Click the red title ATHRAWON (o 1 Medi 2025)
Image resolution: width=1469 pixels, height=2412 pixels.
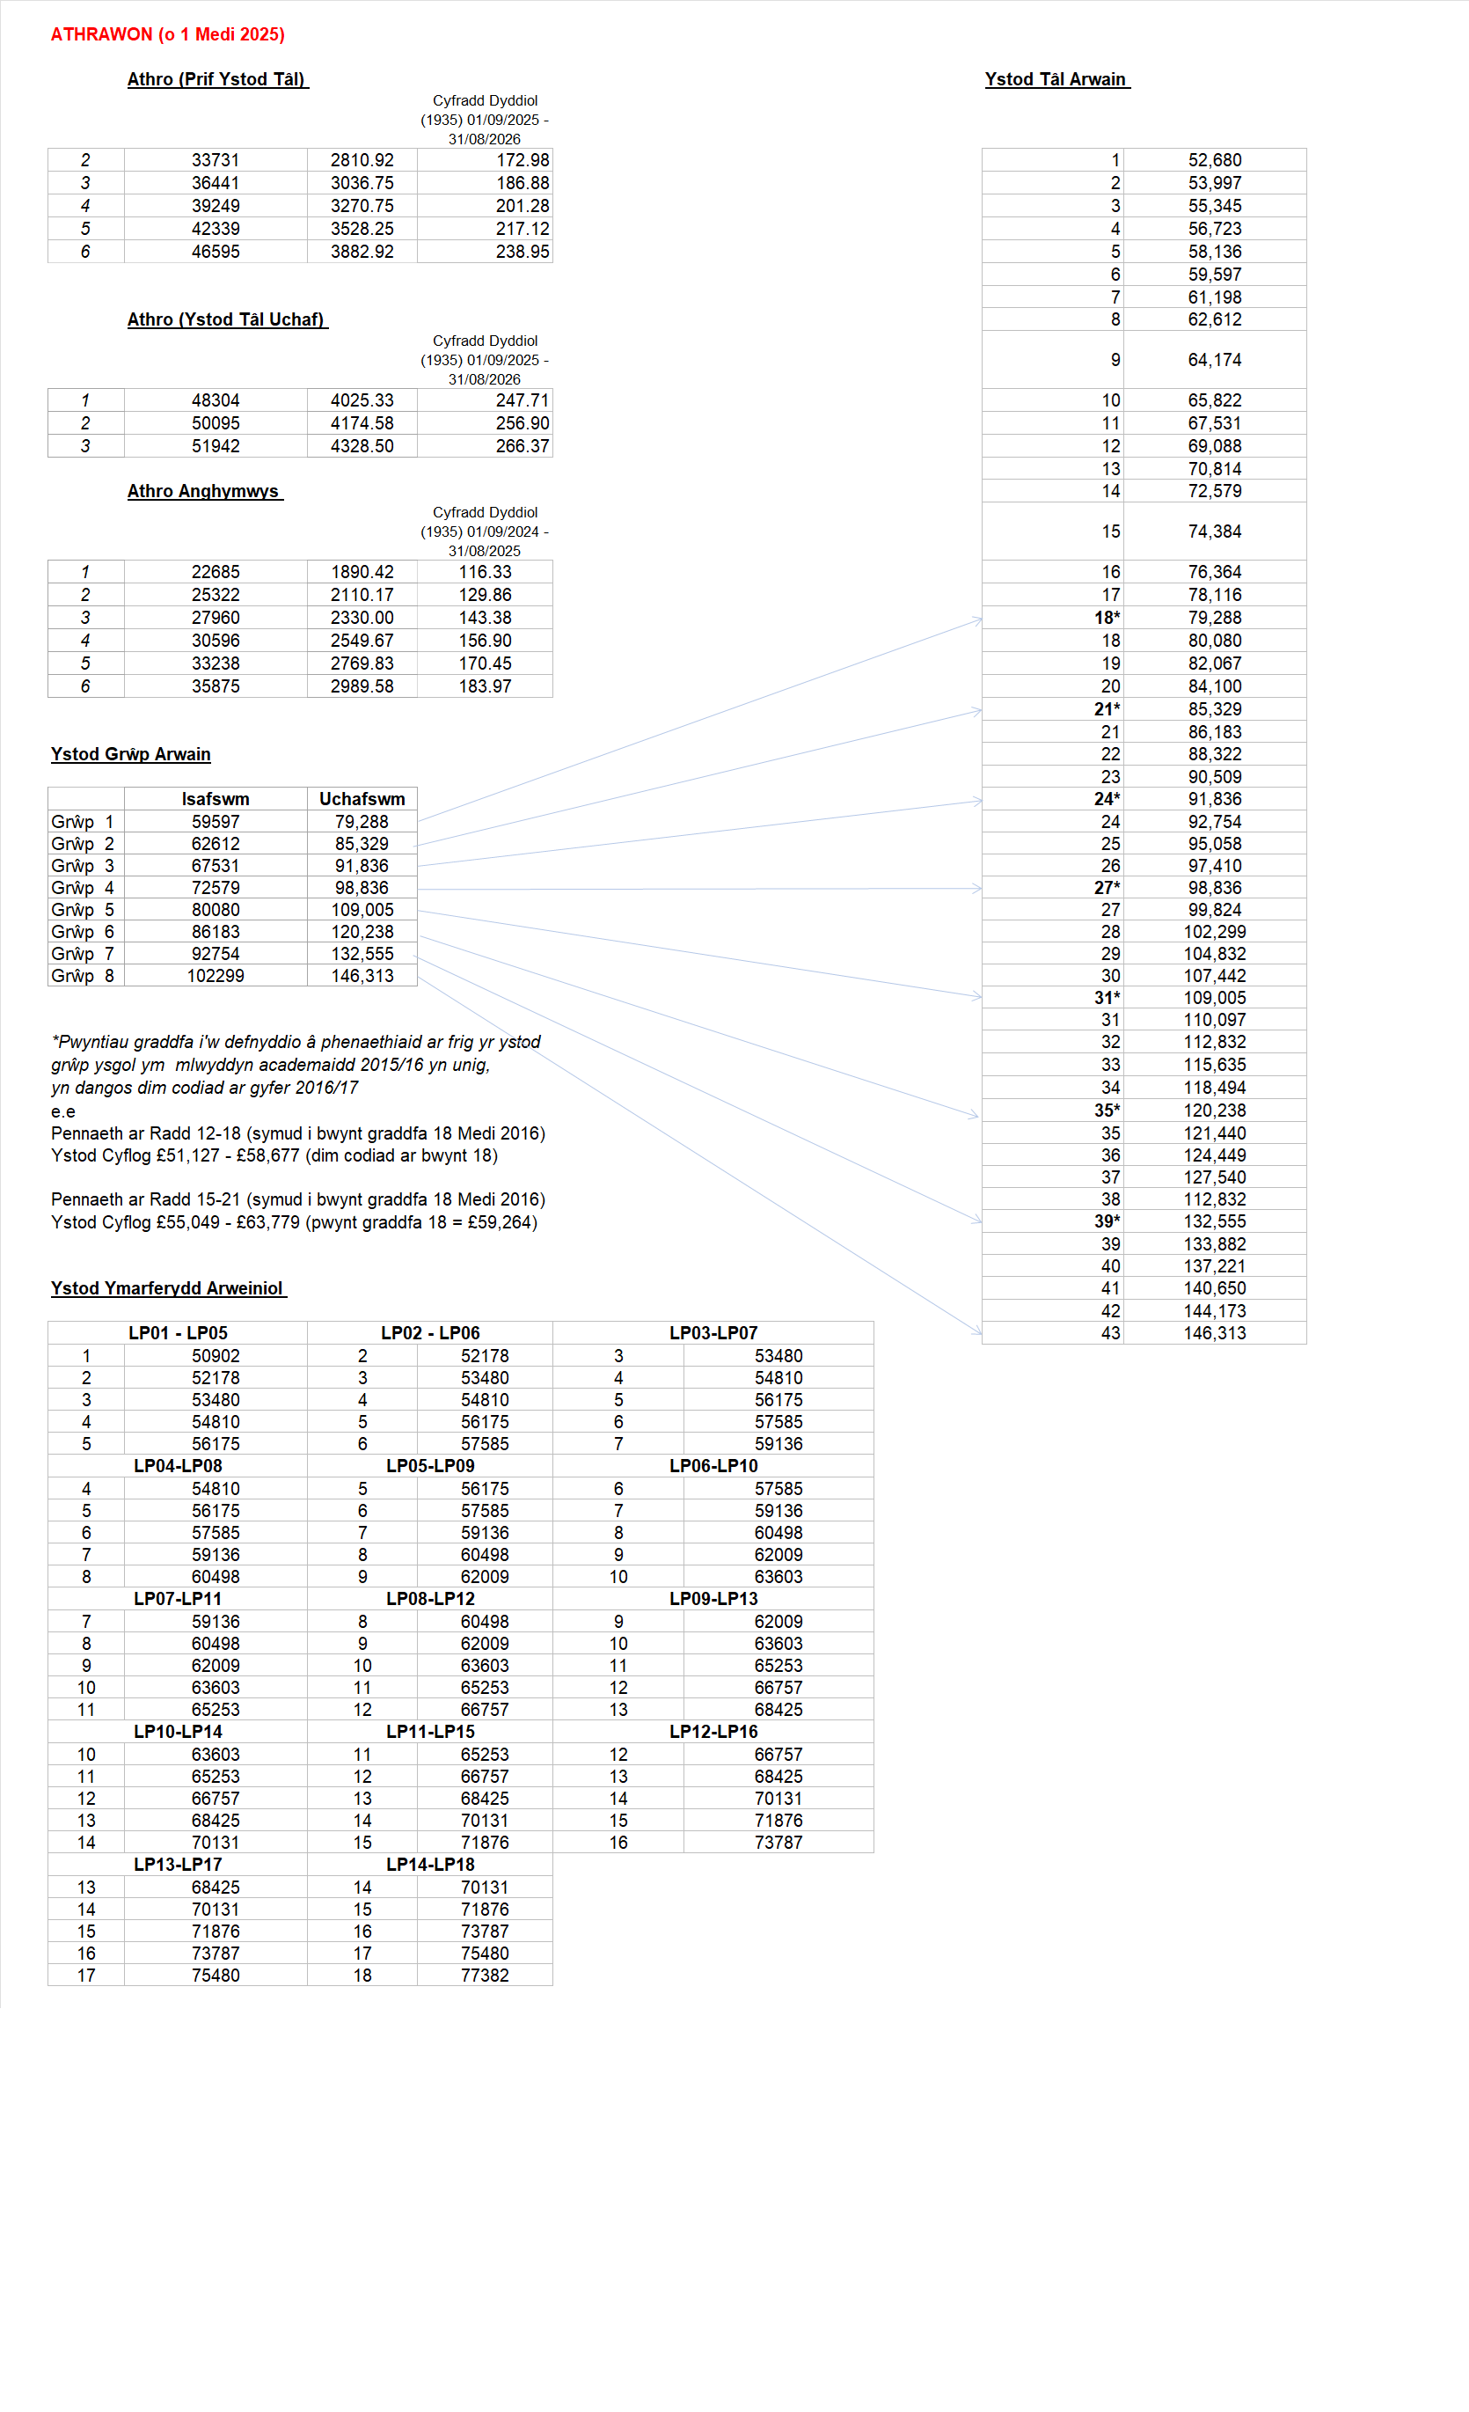tap(167, 34)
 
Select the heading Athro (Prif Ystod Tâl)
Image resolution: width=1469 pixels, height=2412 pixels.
tap(217, 79)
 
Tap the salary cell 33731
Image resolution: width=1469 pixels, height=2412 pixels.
tap(216, 160)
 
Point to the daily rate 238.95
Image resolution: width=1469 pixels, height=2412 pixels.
tap(523, 252)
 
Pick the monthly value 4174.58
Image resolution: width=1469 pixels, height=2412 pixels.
tap(362, 424)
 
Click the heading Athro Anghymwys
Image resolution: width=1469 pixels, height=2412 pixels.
tap(203, 491)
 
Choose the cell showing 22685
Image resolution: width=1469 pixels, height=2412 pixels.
tap(216, 573)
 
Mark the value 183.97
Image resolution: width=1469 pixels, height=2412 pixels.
tap(486, 687)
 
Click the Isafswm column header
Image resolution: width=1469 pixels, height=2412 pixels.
tap(216, 800)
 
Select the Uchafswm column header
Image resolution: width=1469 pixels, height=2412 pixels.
tap(362, 800)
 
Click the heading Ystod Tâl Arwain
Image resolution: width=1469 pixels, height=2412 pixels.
tap(1056, 79)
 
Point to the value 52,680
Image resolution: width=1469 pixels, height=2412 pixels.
tap(1215, 160)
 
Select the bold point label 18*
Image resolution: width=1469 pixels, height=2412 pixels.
tap(1107, 619)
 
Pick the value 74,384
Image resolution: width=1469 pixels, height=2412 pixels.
tap(1215, 532)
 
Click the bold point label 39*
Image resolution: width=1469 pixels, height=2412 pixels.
tap(1107, 1221)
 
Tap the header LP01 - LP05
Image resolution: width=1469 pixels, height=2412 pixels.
tap(178, 1333)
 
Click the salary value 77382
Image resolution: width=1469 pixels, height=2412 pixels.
tap(486, 1976)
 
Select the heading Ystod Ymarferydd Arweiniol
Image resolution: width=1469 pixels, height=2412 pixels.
tap(167, 1288)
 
